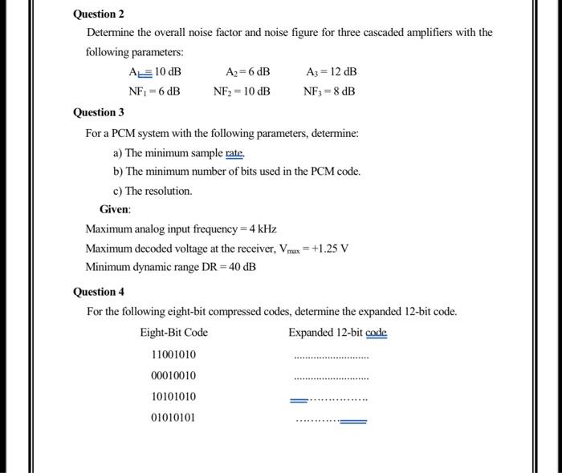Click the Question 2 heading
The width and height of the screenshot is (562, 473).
pyautogui.click(x=99, y=14)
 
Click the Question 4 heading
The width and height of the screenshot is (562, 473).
pyautogui.click(x=99, y=292)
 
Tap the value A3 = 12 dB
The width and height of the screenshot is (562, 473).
pyautogui.click(x=332, y=71)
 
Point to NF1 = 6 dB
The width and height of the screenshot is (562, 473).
pyautogui.click(x=154, y=91)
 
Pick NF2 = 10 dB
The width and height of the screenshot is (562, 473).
pyautogui.click(x=242, y=91)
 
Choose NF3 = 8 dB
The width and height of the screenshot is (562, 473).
pyautogui.click(x=329, y=91)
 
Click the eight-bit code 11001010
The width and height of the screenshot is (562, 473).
pyautogui.click(x=173, y=355)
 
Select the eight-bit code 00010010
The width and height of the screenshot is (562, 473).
pyautogui.click(x=173, y=376)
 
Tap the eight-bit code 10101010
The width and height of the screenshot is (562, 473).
pyautogui.click(x=173, y=397)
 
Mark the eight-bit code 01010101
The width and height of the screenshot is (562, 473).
pyautogui.click(x=173, y=418)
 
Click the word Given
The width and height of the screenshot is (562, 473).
pyautogui.click(x=115, y=209)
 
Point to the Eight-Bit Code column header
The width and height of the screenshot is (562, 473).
pyautogui.click(x=173, y=333)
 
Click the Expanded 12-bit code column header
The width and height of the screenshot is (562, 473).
pyautogui.click(x=337, y=333)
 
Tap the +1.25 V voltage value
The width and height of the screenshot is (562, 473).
pyautogui.click(x=331, y=248)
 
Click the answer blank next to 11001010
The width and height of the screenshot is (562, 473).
pyautogui.click(x=332, y=358)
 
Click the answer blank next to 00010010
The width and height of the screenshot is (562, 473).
pyautogui.click(x=332, y=378)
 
